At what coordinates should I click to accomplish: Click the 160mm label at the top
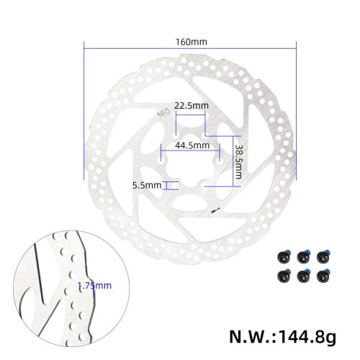(x=191, y=41)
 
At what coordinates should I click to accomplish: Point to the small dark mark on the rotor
(x=212, y=212)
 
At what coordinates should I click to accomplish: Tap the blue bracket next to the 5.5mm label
(x=170, y=185)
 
